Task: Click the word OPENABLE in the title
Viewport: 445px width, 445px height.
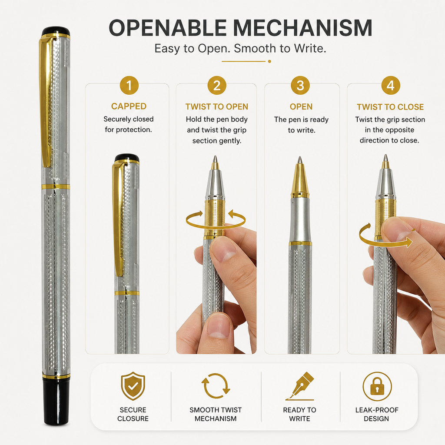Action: [x=168, y=28]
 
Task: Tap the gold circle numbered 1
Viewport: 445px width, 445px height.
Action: [x=129, y=86]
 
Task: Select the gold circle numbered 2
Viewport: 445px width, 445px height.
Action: [x=217, y=86]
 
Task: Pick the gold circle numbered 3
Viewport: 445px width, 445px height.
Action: [x=300, y=86]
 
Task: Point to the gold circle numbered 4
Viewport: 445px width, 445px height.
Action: [x=391, y=86]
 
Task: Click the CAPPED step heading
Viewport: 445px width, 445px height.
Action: [x=129, y=106]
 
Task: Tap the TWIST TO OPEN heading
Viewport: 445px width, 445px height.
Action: [x=217, y=107]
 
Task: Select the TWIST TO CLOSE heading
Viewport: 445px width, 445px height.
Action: [x=390, y=107]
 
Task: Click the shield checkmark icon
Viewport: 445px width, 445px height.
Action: [x=133, y=386]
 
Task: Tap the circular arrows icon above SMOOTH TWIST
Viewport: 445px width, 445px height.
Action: [x=216, y=386]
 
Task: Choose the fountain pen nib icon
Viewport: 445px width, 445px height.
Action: [x=300, y=386]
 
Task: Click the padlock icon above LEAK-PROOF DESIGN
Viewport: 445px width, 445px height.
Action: [x=377, y=386]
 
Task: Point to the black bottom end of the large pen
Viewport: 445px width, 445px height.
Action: [x=56, y=402]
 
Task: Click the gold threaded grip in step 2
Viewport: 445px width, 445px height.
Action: [x=215, y=217]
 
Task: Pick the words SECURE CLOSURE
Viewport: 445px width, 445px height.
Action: [x=133, y=414]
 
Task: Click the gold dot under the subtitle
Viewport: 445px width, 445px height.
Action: [x=269, y=61]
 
